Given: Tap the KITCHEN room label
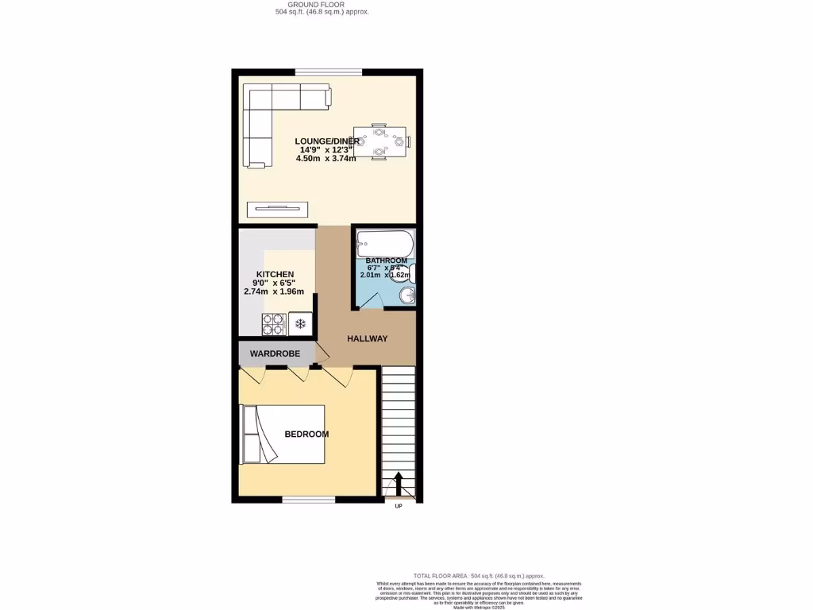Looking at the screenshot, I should [x=268, y=274].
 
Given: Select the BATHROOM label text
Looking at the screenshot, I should [x=386, y=261].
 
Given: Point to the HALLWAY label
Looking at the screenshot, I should [x=367, y=339].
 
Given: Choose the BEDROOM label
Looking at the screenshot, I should [x=306, y=434].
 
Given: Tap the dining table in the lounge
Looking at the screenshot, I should [x=380, y=142].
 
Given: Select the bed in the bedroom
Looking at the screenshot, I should [x=283, y=434].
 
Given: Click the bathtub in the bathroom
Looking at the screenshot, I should [x=383, y=241].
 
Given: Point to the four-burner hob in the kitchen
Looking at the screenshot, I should [x=274, y=323].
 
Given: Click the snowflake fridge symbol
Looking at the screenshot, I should [x=300, y=323].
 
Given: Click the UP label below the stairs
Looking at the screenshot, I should [x=399, y=506].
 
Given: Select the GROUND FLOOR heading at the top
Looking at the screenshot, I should [x=316, y=6].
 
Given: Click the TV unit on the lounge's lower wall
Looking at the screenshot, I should [x=277, y=209].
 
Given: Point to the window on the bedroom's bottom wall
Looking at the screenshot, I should [x=302, y=500].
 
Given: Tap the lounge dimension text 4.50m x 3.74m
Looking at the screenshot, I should [x=326, y=158].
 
